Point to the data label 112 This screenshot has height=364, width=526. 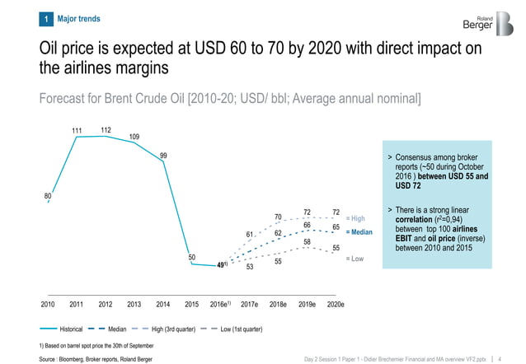pos(106,129)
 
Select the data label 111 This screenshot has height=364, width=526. pos(77,130)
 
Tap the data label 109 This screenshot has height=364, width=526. pos(134,136)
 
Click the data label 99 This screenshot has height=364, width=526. pos(164,156)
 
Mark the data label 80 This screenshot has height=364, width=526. pos(48,195)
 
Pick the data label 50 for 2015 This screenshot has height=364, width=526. pos(191,257)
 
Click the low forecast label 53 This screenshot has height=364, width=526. pos(249,267)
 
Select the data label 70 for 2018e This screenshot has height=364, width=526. pos(278,217)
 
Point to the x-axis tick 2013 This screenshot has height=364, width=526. pos(134,304)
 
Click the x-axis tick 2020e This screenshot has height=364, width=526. pos(336,304)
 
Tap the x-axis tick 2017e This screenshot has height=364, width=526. pos(249,304)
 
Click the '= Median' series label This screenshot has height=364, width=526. pos(359,232)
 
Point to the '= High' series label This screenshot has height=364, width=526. pos(355,218)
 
